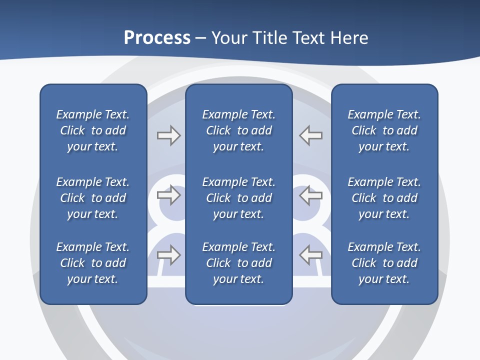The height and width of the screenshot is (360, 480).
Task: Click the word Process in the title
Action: pyautogui.click(x=157, y=38)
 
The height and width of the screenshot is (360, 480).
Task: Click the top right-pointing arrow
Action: pyautogui.click(x=168, y=135)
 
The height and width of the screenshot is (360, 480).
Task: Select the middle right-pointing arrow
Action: pyautogui.click(x=168, y=195)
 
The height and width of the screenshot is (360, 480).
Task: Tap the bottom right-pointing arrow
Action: pyautogui.click(x=168, y=255)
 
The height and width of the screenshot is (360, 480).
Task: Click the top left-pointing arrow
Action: pyautogui.click(x=311, y=135)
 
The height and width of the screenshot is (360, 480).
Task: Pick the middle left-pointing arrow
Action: pyautogui.click(x=311, y=195)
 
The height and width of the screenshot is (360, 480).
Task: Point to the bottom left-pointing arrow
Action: pyautogui.click(x=311, y=255)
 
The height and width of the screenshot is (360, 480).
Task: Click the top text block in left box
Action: pyautogui.click(x=93, y=130)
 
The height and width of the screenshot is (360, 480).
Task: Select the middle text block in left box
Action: pyautogui.click(x=93, y=198)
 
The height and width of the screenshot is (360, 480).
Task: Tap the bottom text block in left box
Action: pyautogui.click(x=93, y=263)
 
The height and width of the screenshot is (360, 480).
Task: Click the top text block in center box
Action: pyautogui.click(x=239, y=130)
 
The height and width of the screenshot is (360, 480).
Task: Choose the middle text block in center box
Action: pyautogui.click(x=239, y=198)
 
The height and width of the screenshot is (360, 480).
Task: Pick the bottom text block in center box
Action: pyautogui.click(x=239, y=263)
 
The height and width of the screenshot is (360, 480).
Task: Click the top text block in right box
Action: pyautogui.click(x=384, y=130)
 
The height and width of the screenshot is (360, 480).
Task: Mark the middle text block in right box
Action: pyautogui.click(x=384, y=198)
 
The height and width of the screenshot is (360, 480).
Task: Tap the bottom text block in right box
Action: pyautogui.click(x=384, y=263)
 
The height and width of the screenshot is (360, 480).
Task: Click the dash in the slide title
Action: pyautogui.click(x=200, y=38)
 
